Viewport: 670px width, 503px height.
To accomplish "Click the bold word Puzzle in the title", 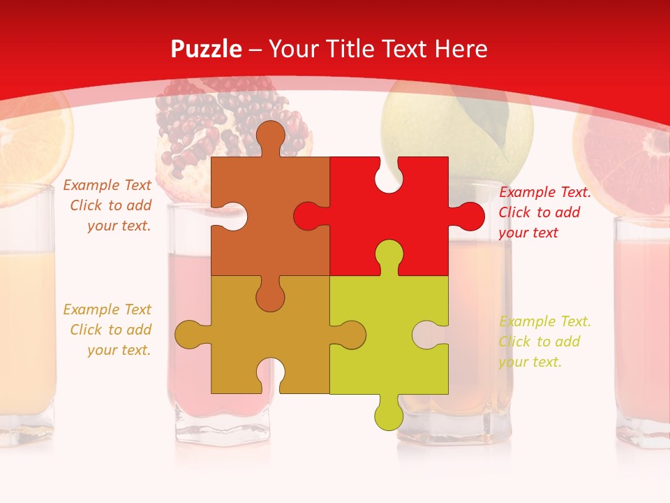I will pos(207,49).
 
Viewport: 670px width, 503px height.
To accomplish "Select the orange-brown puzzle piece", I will pos(265,210).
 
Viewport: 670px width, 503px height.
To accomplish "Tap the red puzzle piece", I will pos(398,210).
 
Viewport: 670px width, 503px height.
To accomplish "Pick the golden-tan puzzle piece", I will pos(279,335).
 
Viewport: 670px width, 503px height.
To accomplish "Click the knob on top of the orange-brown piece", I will pos(270,136).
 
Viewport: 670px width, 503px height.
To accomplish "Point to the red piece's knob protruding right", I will pos(468,217).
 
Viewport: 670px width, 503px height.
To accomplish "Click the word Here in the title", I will pos(461,49).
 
